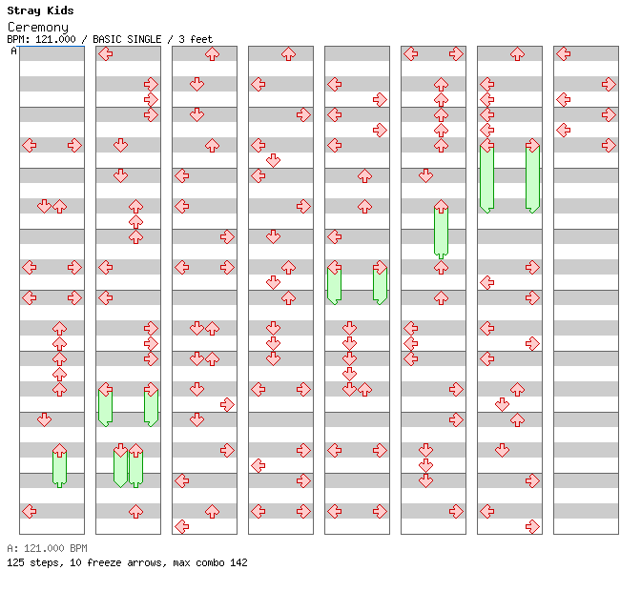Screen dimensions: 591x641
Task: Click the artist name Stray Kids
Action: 40,10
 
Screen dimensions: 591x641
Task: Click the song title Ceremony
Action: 38,27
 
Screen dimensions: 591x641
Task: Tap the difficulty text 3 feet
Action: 196,39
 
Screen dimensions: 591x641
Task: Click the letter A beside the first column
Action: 13,51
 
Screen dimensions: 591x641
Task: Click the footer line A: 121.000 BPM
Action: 47,548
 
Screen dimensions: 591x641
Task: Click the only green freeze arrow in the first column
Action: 59,465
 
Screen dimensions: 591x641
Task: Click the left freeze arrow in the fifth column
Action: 334,284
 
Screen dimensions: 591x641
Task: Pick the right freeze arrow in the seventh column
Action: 532,176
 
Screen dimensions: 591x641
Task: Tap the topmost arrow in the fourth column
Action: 288,54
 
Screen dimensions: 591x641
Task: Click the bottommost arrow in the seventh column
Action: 532,526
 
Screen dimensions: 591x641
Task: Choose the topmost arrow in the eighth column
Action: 563,54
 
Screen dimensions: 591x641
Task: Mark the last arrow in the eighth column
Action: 609,145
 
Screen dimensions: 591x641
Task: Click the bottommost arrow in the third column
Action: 181,526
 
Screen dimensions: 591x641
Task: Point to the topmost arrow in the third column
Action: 212,54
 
